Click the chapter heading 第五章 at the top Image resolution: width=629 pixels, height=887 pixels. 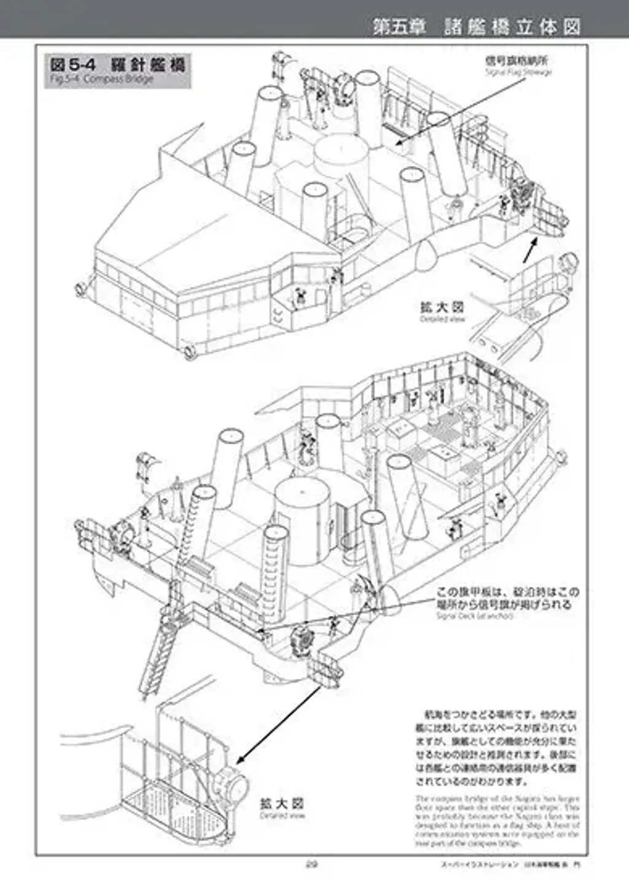click(x=399, y=26)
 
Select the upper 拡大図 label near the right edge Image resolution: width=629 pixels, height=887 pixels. click(x=442, y=307)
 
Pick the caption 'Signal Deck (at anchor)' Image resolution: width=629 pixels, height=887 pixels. click(x=474, y=615)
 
